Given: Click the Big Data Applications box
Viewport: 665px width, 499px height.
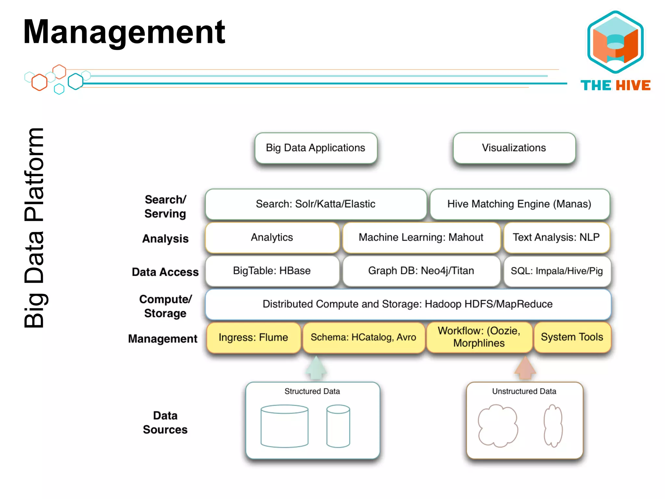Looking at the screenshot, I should pos(316,148).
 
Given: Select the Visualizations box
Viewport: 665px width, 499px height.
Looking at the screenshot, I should pos(514,148).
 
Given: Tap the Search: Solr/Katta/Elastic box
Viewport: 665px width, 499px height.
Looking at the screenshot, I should pos(316,204).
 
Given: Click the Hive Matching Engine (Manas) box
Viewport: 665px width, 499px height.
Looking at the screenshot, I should pos(520,204).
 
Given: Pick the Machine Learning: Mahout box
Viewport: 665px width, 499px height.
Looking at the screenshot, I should pos(421,237).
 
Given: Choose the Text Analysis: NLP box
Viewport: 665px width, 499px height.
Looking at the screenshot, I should pos(556,237).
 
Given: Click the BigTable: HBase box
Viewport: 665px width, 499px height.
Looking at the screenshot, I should pos(272,271).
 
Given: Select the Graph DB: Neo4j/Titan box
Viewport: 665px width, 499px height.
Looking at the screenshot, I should pos(421,271).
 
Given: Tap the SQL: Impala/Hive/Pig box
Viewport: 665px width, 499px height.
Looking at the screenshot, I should pos(557,271).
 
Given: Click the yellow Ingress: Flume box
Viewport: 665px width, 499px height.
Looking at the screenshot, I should pos(253,338).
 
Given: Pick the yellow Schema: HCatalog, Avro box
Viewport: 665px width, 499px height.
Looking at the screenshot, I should pos(363,338).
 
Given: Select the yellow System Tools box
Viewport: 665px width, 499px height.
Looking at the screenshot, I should pos(572,337).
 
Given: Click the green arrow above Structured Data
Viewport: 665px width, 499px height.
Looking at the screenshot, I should pos(316,368).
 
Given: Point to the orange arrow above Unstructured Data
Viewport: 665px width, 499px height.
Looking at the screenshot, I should pos(525,368).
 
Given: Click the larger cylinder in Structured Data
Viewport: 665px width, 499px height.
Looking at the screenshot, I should pos(284,426).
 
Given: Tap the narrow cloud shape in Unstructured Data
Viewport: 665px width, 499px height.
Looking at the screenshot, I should pos(553,426).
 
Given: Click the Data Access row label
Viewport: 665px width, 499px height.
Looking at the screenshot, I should pos(165,272).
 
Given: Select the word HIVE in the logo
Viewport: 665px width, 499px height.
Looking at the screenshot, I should pos(633,85).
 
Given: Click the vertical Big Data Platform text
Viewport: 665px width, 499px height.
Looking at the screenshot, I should pos(34,227).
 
